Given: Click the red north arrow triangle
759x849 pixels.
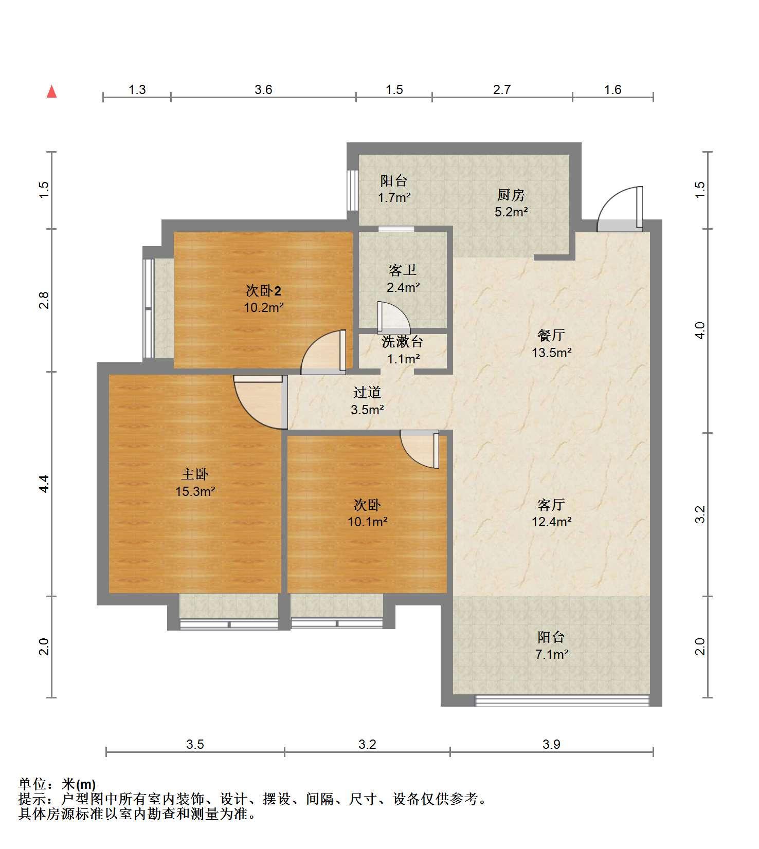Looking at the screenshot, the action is click(x=51, y=91).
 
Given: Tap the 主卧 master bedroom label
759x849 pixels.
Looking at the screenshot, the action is click(x=195, y=474).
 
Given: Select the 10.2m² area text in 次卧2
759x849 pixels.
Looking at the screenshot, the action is click(x=264, y=308).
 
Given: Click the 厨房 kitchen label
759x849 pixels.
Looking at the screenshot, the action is click(x=511, y=195).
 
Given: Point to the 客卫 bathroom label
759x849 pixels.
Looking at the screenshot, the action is click(x=403, y=270).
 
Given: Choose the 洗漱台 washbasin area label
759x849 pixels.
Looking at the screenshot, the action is click(x=403, y=341).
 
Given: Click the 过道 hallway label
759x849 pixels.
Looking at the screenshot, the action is click(x=367, y=393).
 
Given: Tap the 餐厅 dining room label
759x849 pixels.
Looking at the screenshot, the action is click(x=551, y=336).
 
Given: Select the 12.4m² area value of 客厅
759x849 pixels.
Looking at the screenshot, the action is click(x=552, y=522).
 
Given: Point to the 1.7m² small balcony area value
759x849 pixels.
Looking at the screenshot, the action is click(x=394, y=197).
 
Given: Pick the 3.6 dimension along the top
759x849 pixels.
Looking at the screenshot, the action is click(x=263, y=90).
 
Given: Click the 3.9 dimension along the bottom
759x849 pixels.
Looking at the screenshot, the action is click(x=551, y=744).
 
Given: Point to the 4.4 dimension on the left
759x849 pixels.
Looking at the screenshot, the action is click(x=44, y=484).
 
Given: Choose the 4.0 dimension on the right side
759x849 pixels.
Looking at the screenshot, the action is click(x=700, y=330).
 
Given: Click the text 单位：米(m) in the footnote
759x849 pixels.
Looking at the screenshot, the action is click(x=57, y=784).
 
